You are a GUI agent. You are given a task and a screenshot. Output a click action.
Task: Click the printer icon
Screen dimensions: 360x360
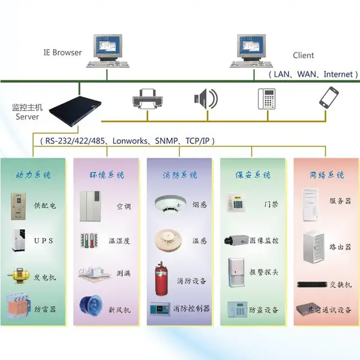148,99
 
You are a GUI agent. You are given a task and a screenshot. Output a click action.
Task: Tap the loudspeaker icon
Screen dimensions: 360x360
206,99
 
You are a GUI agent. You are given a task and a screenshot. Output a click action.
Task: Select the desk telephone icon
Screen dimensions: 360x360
266,99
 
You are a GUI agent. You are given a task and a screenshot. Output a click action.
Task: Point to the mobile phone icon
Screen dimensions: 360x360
329,97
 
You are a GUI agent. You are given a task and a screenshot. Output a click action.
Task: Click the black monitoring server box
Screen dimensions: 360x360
76,111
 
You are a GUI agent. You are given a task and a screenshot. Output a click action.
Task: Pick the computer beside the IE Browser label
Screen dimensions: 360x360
107,51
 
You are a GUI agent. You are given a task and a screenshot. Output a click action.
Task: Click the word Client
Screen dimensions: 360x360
303,55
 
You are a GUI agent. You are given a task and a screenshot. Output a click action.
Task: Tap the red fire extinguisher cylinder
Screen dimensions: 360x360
161,278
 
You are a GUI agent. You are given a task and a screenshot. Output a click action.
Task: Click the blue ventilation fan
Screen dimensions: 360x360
91,305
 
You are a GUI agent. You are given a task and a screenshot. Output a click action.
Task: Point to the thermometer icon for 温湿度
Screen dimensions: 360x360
89,241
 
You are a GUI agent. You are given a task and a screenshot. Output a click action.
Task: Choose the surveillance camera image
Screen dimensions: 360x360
236,239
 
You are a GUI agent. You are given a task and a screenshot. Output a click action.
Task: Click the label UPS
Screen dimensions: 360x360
44,241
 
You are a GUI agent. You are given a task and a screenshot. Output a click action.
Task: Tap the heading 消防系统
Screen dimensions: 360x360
180,175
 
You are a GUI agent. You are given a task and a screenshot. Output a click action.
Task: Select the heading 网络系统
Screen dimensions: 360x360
327,175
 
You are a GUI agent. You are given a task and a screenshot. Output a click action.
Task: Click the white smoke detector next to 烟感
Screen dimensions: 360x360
170,203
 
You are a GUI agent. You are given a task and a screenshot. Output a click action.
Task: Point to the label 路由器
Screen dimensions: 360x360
340,247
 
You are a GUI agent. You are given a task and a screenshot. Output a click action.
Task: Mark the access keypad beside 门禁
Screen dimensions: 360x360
236,203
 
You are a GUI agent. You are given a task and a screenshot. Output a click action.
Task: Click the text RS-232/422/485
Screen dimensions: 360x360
75,141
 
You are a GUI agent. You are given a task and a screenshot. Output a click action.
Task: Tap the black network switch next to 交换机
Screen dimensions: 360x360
312,284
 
